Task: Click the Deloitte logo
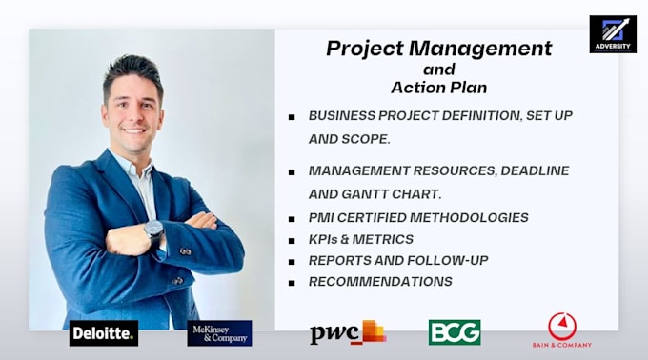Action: [104, 332]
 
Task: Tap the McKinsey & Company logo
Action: [219, 332]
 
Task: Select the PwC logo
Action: [347, 332]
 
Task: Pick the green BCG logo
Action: [455, 331]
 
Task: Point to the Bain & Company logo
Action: [561, 330]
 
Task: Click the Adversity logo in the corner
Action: [612, 34]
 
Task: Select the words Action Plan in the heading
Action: [438, 87]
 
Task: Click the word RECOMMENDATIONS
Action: [380, 281]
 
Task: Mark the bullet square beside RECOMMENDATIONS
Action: [292, 282]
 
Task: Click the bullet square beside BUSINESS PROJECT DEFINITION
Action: [292, 116]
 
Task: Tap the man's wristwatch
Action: [153, 230]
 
